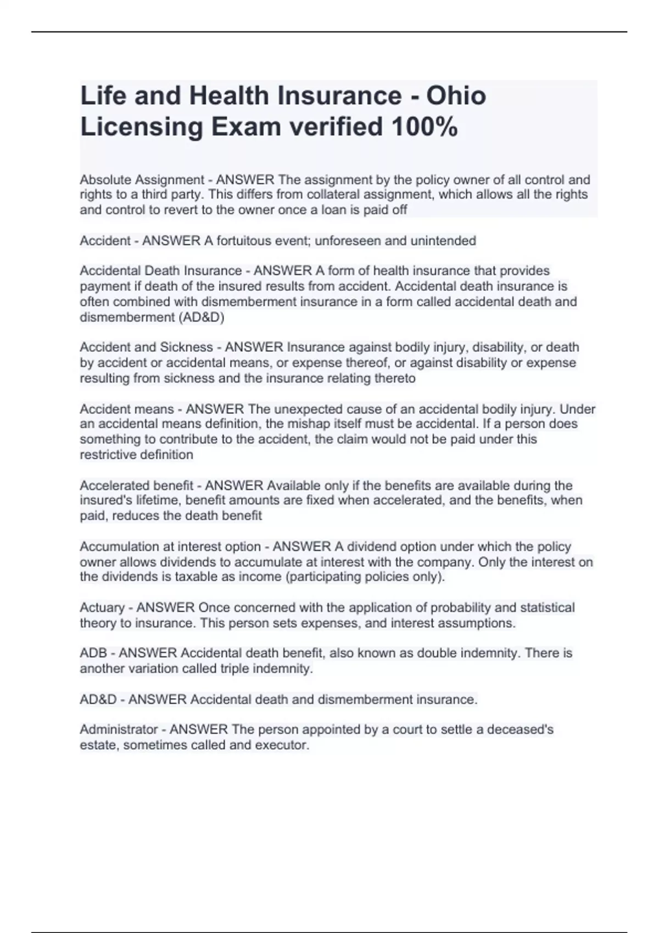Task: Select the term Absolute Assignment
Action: click(142, 179)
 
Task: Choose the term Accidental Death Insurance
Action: click(160, 271)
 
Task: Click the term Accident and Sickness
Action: click(146, 347)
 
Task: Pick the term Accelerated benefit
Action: click(136, 485)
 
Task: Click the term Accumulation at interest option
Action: click(170, 547)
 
